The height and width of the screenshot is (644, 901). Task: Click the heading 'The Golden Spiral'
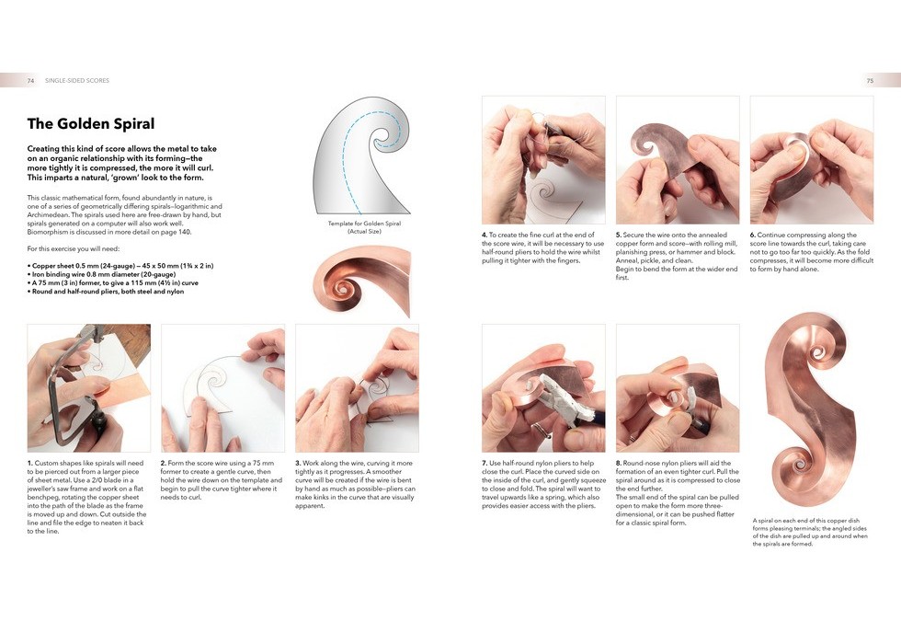(91, 123)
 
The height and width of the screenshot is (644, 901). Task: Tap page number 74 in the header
(30, 81)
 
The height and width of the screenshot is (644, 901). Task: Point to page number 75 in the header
(870, 81)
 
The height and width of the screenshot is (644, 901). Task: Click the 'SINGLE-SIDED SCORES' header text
(77, 81)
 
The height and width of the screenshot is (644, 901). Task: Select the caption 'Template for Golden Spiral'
(364, 224)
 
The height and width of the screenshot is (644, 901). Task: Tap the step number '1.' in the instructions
(29, 463)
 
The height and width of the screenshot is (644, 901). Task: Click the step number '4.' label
(485, 235)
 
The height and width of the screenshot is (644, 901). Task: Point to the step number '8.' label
(619, 463)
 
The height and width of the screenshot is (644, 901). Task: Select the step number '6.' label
(753, 235)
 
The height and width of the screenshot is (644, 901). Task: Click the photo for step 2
(222, 388)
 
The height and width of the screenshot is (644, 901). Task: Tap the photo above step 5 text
(678, 160)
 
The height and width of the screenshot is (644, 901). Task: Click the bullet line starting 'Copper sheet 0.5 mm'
(120, 266)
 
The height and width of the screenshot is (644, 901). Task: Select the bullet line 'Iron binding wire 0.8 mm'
(101, 275)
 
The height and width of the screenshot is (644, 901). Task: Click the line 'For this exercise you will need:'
(74, 249)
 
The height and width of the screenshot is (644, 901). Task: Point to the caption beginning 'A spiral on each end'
(810, 532)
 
